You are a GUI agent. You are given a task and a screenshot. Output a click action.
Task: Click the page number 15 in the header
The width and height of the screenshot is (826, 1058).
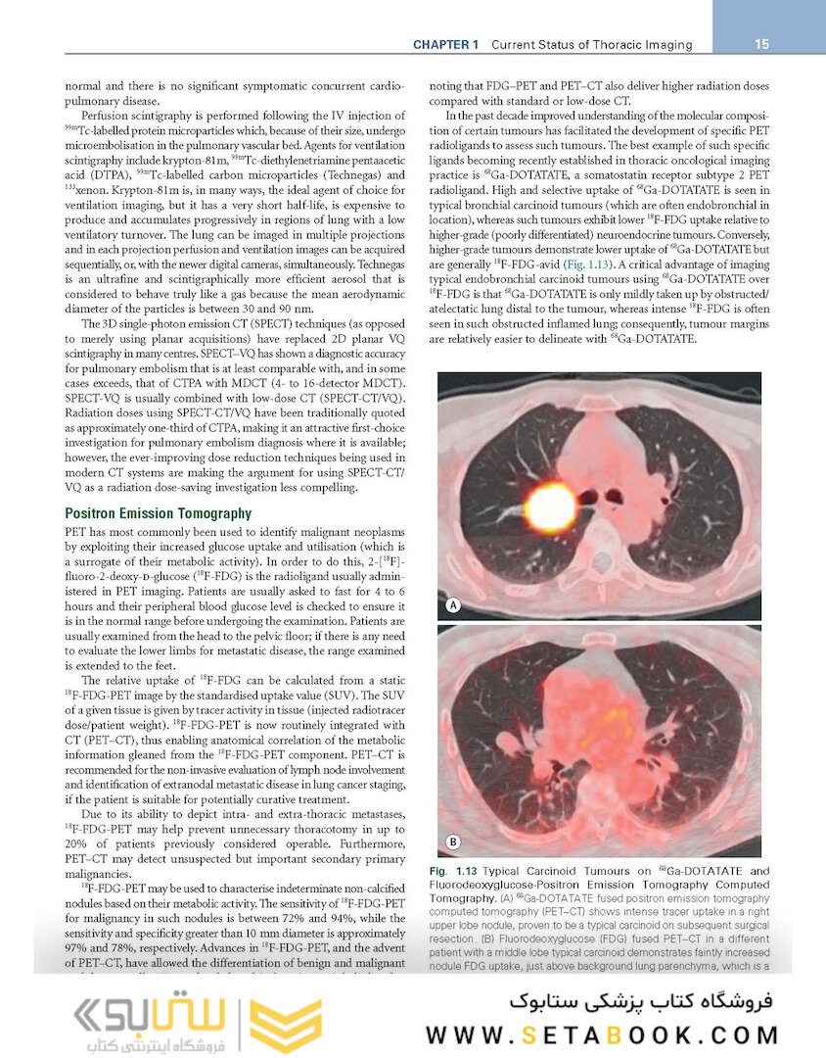pos(762,44)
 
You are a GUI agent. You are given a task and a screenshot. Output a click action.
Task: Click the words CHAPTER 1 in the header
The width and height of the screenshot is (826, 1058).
pos(445,45)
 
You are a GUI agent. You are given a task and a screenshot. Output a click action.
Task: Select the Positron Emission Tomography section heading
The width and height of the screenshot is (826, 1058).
pos(158,513)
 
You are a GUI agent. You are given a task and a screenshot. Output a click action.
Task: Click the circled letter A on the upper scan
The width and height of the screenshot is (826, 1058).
pos(453,605)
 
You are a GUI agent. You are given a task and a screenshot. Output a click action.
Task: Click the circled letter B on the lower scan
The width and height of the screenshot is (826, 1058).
pos(453,842)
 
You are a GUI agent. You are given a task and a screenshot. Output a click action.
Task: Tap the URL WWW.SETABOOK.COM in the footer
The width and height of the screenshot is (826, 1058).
pos(602,1034)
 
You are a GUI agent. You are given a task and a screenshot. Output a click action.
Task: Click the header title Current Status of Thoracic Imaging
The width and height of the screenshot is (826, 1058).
pos(591,45)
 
